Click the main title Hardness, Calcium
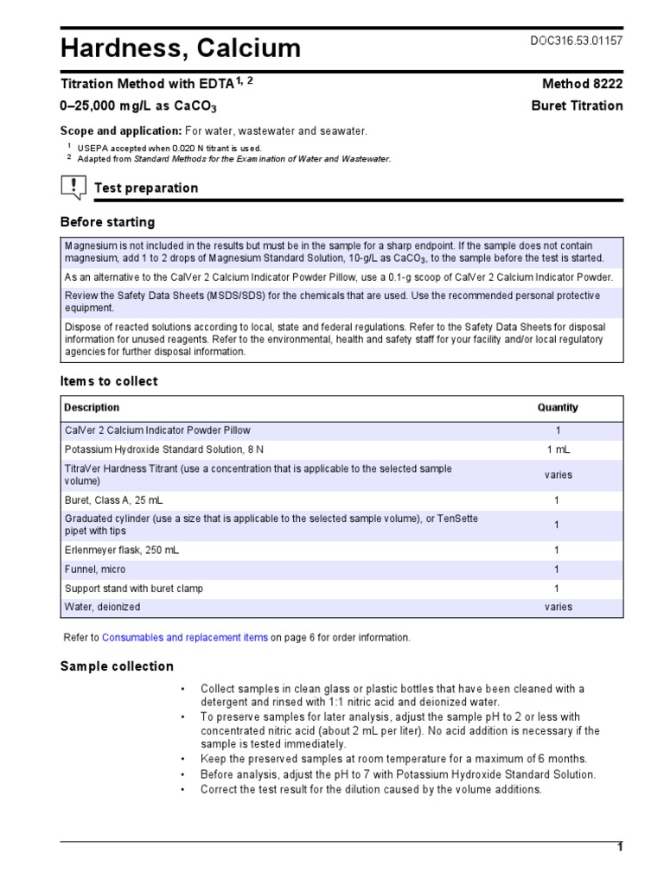tap(180, 48)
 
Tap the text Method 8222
tap(582, 84)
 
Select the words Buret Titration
tap(576, 106)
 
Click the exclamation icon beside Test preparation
tap(74, 186)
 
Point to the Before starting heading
tap(107, 222)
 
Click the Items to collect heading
tap(109, 381)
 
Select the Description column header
tap(93, 407)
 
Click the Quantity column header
tap(558, 407)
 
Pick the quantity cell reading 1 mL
tap(558, 449)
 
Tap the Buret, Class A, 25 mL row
tap(113, 500)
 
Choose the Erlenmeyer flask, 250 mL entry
tap(122, 550)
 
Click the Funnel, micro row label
tap(95, 569)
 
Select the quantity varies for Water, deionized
tap(558, 607)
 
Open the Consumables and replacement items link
tap(185, 638)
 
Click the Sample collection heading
tap(117, 666)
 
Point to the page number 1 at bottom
tap(619, 847)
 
